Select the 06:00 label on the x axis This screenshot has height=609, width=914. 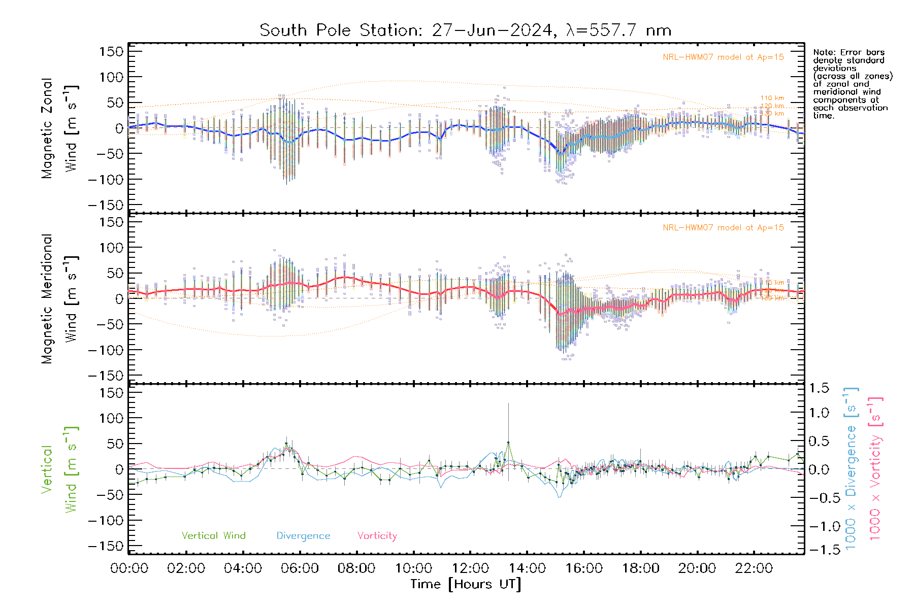[300, 568]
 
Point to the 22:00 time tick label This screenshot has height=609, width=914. [754, 568]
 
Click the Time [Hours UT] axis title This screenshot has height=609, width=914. [465, 584]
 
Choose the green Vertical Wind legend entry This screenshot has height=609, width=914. [213, 536]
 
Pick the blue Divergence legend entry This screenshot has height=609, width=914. [303, 536]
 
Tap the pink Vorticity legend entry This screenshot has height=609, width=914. [377, 536]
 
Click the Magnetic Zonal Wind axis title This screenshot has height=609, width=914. [60, 128]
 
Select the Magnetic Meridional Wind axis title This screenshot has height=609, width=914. [60, 299]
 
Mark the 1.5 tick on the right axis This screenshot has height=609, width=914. [819, 388]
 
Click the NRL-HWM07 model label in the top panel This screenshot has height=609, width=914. [723, 57]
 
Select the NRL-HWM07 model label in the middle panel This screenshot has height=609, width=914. [723, 228]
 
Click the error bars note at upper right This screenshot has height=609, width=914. [852, 84]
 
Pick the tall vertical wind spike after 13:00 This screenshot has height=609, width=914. [508, 421]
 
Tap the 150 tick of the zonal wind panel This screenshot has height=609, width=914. [111, 51]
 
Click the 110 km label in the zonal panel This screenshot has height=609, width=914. [772, 98]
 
